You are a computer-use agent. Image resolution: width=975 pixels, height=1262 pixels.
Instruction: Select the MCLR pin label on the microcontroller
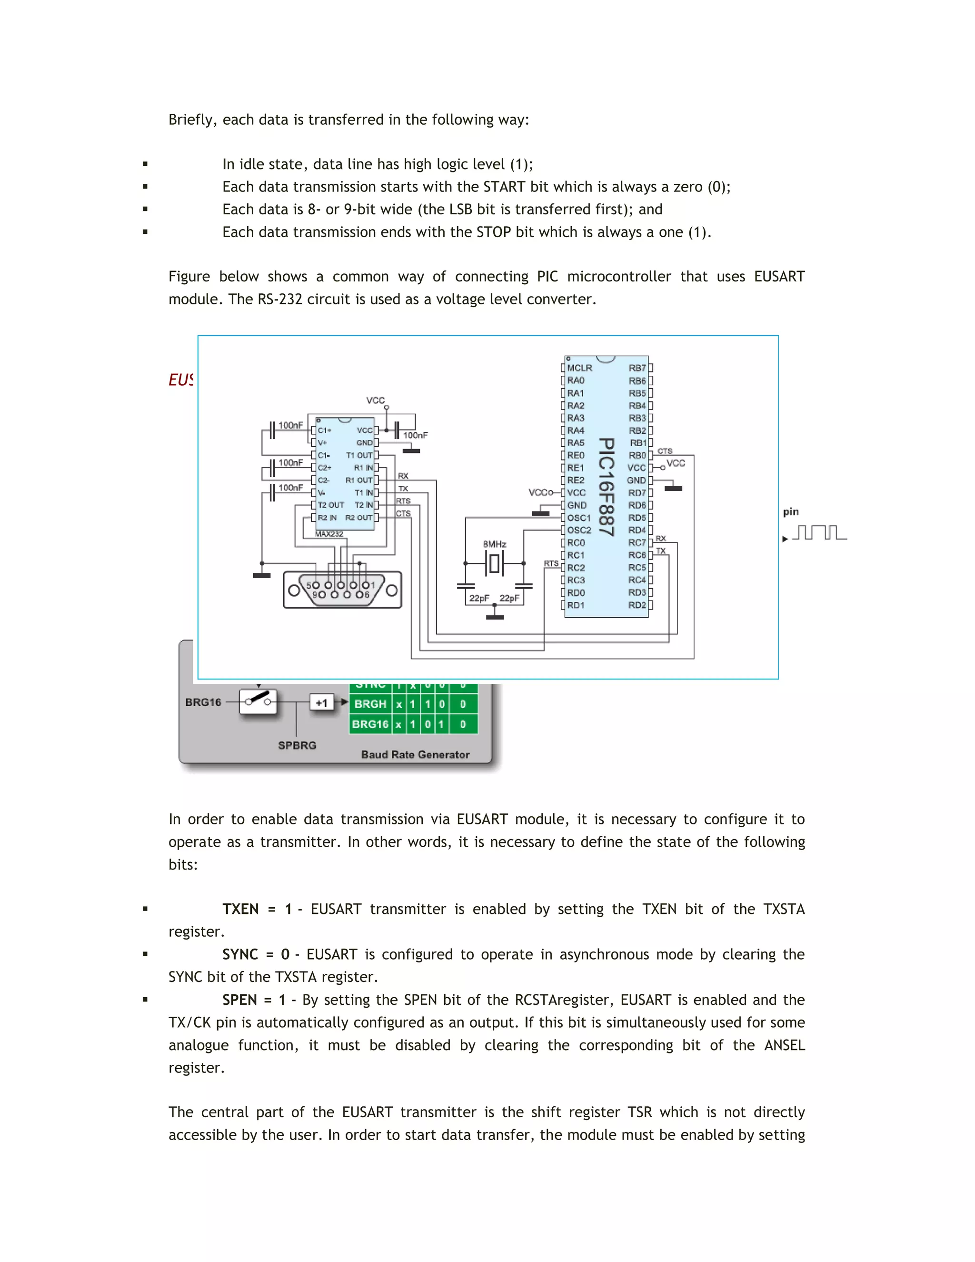click(x=579, y=368)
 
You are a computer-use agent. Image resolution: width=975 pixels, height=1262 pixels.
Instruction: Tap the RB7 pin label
click(x=637, y=368)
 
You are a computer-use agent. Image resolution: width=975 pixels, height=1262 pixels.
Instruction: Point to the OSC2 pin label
click(x=579, y=531)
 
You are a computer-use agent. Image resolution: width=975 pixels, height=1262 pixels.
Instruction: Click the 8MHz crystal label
click(x=495, y=544)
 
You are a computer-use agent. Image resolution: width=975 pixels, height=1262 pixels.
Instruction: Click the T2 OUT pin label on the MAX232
click(x=330, y=505)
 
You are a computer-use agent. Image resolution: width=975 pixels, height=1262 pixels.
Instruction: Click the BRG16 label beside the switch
click(x=203, y=702)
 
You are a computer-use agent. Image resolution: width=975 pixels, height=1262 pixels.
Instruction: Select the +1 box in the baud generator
click(x=322, y=702)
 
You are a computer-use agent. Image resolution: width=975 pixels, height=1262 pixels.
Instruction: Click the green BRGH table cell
click(x=370, y=704)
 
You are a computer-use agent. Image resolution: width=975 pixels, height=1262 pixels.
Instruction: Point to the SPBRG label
click(x=297, y=745)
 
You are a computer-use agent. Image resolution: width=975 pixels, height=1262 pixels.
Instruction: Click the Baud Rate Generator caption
click(x=415, y=755)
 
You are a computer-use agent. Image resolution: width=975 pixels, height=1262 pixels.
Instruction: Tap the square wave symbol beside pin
click(x=819, y=532)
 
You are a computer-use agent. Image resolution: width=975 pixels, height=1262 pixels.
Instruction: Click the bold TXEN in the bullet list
click(x=240, y=909)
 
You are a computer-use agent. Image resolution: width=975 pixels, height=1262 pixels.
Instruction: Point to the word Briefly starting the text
click(x=190, y=120)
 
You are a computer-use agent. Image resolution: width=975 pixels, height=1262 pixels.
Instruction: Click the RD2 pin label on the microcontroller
click(x=637, y=605)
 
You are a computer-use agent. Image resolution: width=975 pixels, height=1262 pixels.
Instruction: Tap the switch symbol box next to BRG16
click(x=258, y=701)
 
